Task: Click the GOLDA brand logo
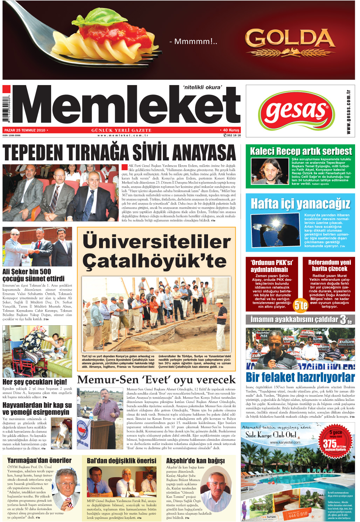point(290,39)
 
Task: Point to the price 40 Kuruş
point(230,130)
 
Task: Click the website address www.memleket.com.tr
point(123,135)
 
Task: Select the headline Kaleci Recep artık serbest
point(300,151)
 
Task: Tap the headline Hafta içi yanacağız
point(300,204)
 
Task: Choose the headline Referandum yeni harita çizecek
point(329,265)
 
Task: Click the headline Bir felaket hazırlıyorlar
point(300,377)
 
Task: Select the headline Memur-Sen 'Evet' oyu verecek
point(156,380)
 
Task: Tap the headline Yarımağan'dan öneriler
point(39,460)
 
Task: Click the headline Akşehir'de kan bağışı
point(195,461)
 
